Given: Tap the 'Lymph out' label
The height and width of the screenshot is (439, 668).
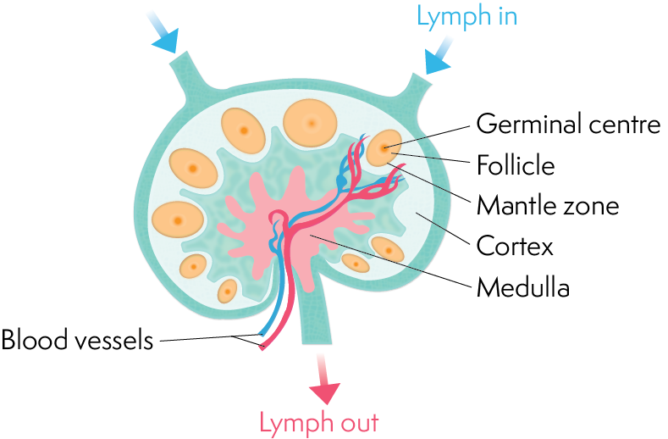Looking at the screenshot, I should click(319, 421).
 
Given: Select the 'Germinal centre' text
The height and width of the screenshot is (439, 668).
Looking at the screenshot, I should click(567, 125).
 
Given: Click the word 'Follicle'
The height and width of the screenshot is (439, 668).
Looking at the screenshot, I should click(516, 165).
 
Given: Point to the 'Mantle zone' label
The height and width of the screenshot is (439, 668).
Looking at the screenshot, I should click(547, 205).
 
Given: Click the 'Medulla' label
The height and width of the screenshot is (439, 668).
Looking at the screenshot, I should click(523, 286).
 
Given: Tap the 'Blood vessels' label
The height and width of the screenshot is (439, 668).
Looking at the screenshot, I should click(77, 341).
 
